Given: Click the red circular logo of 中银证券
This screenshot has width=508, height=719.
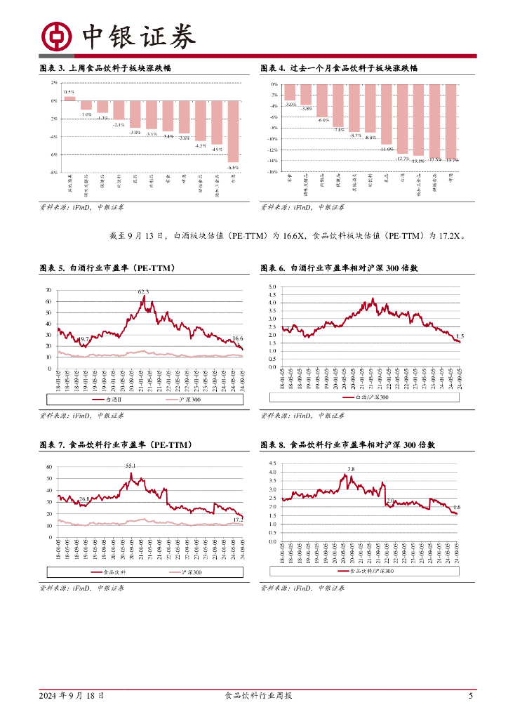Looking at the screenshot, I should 56,37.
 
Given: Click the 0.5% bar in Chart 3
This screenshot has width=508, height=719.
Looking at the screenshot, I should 69,98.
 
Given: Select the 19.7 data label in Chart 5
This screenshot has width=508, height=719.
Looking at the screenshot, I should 83,339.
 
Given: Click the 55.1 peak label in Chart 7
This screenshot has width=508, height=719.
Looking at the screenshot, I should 131,466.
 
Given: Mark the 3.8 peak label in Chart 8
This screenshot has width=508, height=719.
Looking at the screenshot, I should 350,469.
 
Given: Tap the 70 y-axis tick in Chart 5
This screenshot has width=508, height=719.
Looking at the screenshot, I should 48,290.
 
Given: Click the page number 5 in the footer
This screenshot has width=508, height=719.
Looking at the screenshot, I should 471,696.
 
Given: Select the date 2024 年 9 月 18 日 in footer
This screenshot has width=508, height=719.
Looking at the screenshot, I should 72,696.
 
